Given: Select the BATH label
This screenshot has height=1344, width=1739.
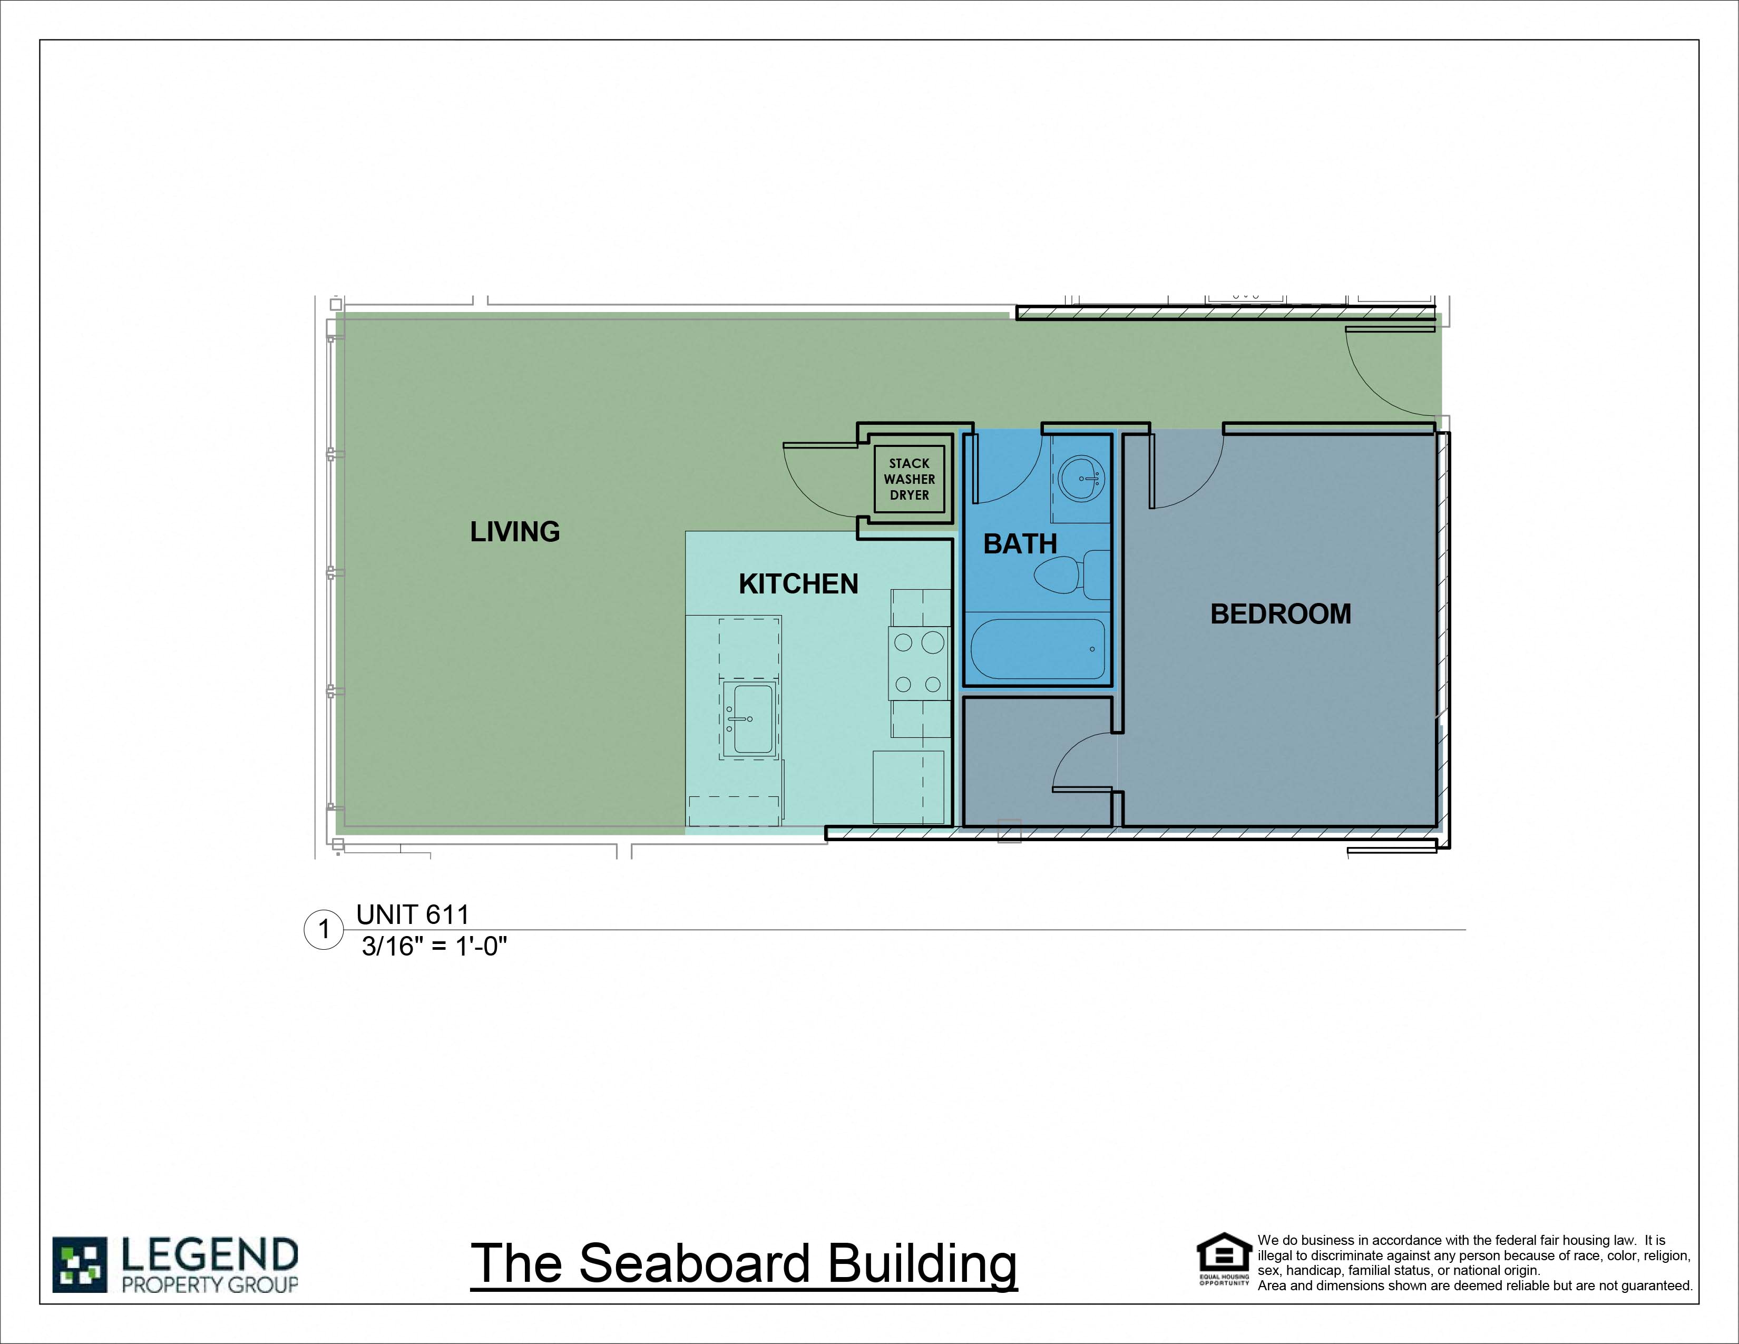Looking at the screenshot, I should (1020, 544).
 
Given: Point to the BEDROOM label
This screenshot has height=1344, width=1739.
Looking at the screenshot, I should (1281, 614).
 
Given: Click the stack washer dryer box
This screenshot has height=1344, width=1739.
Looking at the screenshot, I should (910, 479).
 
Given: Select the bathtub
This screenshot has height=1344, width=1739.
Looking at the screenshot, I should (1038, 649).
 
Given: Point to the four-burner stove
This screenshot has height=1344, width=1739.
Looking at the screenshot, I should (919, 663).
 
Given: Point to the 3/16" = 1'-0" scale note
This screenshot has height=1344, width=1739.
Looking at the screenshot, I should (434, 946).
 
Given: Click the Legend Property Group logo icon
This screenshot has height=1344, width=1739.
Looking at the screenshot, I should (80, 1264).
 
